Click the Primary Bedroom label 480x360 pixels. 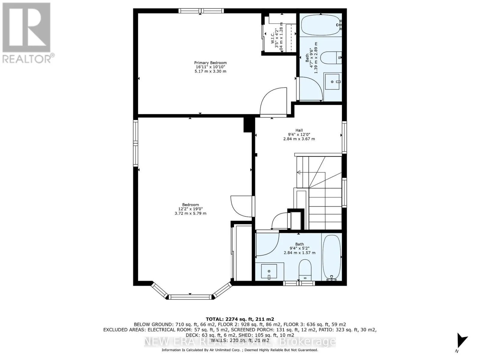(210, 63)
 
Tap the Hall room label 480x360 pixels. (299, 130)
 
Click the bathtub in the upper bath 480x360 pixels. (321, 25)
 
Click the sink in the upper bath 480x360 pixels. (332, 82)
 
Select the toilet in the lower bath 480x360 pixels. (306, 269)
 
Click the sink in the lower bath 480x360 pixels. (269, 271)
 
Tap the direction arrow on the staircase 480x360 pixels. (299, 172)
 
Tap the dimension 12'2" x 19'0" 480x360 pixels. (190, 209)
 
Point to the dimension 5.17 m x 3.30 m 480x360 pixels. (210, 71)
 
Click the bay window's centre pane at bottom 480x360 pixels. (190, 297)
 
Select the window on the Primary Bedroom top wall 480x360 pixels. (201, 11)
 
